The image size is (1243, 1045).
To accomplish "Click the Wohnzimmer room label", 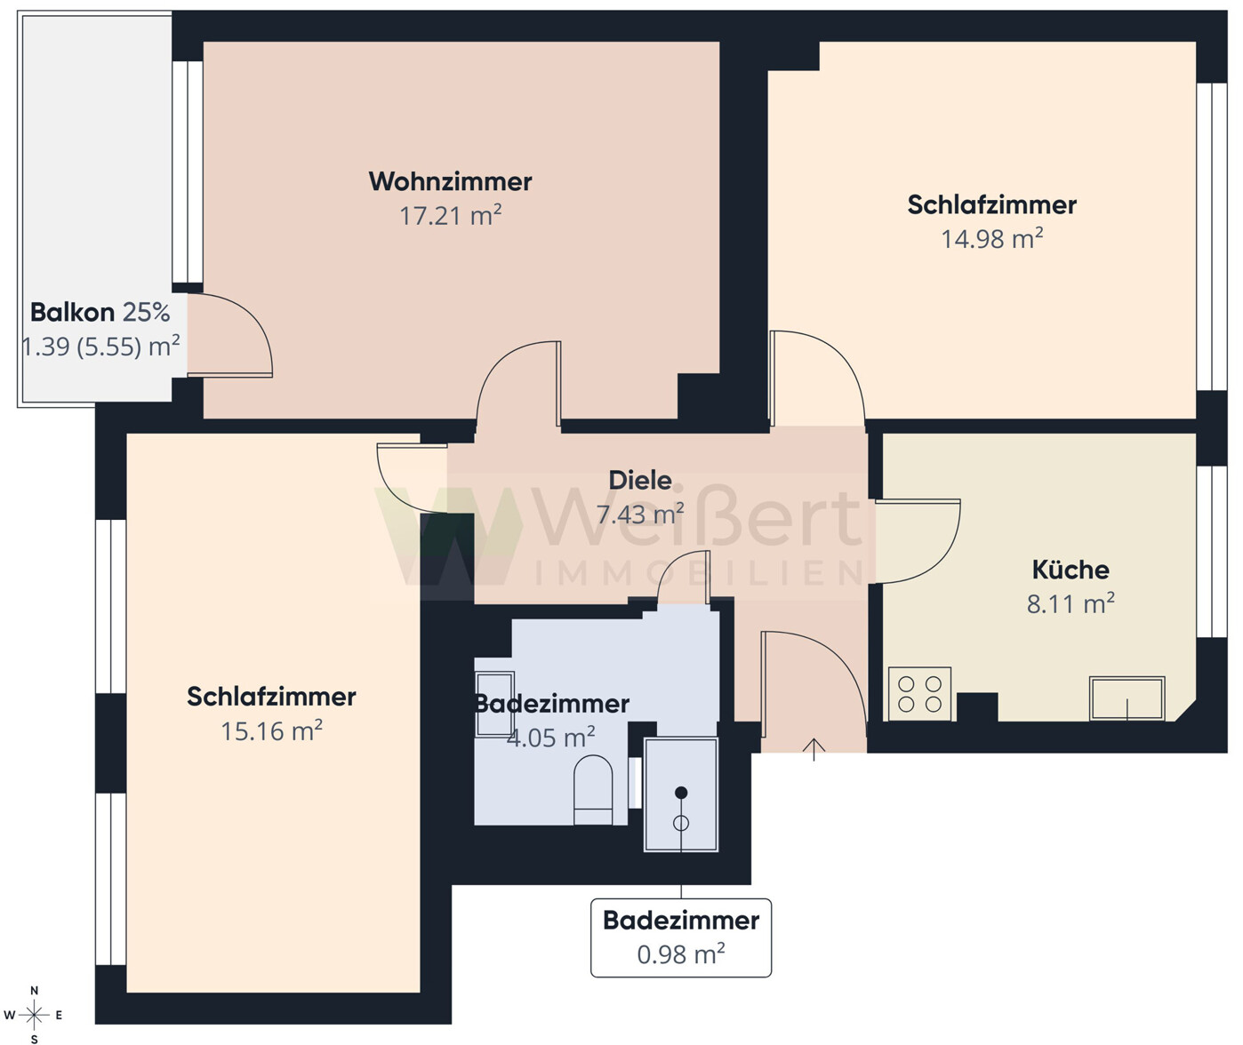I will coord(450,181).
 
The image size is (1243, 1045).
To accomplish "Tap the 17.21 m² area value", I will coord(450,216).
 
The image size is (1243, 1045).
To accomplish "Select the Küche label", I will coord(1070,570).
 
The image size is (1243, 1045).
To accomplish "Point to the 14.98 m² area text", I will coord(991,239).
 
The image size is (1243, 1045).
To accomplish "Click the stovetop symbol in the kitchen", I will coord(919,694).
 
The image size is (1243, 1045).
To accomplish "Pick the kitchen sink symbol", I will coord(1127,698).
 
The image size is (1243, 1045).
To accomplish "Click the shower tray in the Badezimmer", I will coord(681,794).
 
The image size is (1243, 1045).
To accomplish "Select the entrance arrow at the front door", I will coord(814,748).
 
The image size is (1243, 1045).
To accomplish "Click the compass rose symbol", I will coord(34,1014).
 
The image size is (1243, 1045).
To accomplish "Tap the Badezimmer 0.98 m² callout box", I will coord(681,937).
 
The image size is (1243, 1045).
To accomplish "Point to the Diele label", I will coord(639,481).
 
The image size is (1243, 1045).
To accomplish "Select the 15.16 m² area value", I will coord(271,731).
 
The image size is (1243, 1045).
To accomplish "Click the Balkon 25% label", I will coord(100,313).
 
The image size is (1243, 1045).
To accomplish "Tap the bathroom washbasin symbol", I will coord(493,702).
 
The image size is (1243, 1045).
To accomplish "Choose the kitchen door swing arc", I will coord(925,542).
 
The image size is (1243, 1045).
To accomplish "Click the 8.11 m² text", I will coord(1070,604).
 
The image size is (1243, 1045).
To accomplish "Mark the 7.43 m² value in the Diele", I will coord(639,515).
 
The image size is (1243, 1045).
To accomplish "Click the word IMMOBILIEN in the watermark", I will coord(698,574).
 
